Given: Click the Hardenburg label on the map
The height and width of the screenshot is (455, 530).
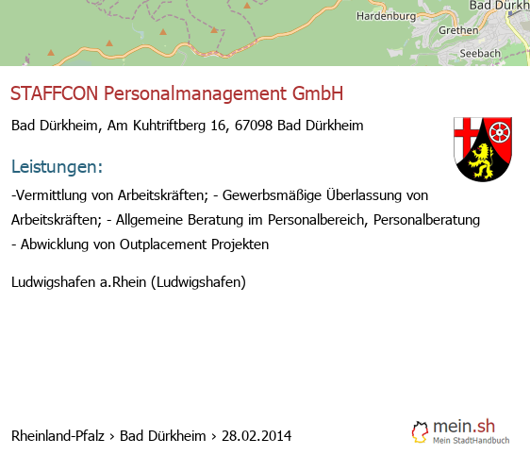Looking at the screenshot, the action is [386, 16].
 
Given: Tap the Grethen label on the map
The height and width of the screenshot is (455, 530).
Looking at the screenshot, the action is [458, 30].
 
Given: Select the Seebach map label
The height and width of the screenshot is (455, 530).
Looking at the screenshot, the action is [480, 54].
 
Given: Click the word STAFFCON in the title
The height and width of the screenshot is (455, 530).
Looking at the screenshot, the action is [54, 93].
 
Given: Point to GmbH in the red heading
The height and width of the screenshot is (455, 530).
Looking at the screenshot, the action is [318, 93].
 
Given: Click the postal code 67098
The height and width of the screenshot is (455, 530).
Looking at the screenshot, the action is [254, 126].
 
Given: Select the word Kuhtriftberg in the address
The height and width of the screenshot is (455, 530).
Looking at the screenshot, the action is [169, 126].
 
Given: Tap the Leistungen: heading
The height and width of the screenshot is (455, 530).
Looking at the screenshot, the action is [57, 166].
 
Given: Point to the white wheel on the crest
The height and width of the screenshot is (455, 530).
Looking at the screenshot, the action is [499, 131].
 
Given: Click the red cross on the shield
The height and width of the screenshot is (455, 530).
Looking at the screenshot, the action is [467, 133].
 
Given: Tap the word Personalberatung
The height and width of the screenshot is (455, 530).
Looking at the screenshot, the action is [426, 220].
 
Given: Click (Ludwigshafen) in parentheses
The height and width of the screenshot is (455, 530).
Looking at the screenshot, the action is [198, 282].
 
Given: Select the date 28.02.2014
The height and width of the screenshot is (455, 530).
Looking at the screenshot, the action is [257, 436].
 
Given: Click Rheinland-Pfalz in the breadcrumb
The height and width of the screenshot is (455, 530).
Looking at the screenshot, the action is [58, 436].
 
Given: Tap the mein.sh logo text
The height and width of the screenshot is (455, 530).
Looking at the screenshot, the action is [464, 427].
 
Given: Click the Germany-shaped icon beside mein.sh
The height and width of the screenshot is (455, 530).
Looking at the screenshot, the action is [421, 432].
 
